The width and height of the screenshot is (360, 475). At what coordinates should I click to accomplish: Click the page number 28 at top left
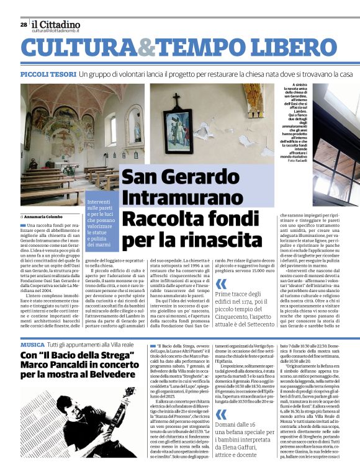click(x=23, y=25)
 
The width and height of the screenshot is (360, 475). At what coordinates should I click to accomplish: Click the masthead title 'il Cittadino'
click(x=56, y=24)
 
